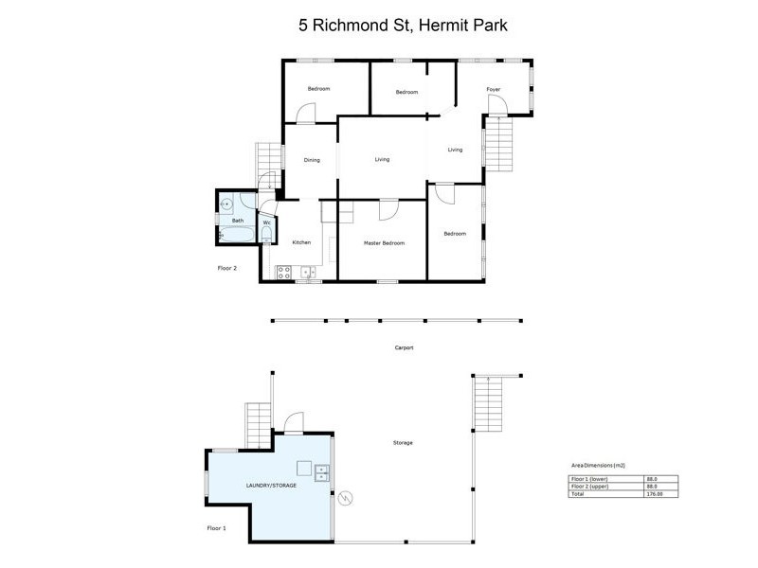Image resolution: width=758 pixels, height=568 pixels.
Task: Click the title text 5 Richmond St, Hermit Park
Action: [403, 26]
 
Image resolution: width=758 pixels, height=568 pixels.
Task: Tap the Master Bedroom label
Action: [384, 243]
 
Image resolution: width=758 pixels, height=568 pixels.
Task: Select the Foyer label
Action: [493, 90]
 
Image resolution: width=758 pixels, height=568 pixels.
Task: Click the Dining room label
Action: [312, 160]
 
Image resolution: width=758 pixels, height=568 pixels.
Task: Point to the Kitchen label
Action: [301, 243]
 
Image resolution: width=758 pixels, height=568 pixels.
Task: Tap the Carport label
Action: [404, 347]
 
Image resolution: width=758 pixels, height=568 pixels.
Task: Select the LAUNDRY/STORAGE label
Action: [272, 485]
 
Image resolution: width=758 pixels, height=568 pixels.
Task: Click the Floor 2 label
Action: [226, 268]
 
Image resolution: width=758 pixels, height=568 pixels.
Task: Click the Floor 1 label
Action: [216, 527]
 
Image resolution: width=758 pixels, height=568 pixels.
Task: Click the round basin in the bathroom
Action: [226, 203]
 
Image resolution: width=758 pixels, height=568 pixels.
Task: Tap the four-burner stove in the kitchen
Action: [283, 273]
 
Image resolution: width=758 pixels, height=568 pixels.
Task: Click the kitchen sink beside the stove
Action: [307, 273]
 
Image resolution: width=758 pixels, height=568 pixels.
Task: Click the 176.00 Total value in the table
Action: [652, 493]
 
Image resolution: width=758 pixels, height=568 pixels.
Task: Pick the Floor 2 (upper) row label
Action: [588, 487]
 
